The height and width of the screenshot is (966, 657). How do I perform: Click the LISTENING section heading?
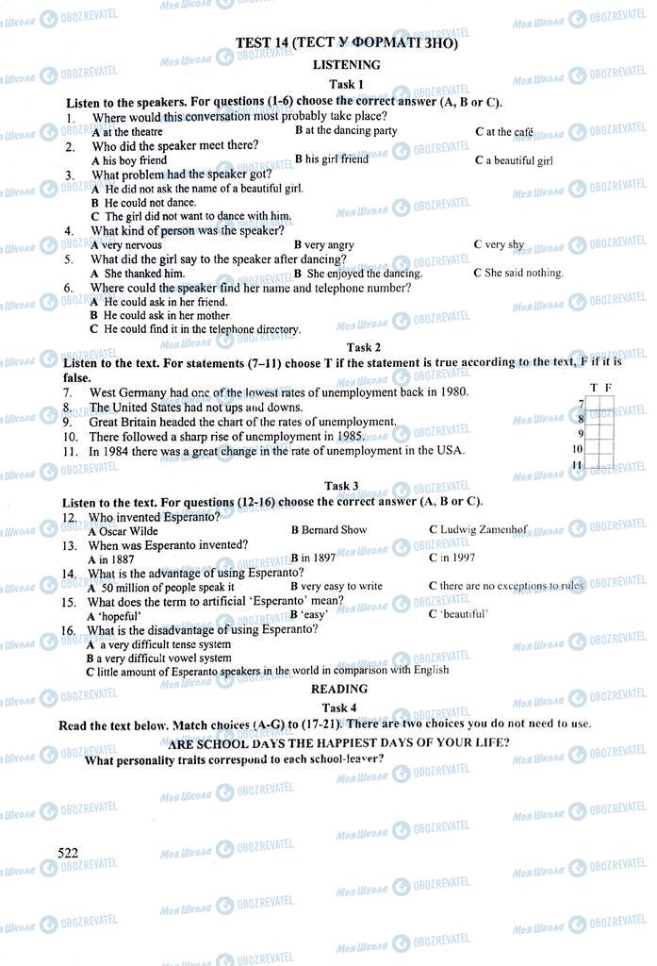(x=346, y=65)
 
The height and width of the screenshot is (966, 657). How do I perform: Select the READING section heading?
(x=339, y=690)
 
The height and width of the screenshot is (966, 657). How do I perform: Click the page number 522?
(x=67, y=853)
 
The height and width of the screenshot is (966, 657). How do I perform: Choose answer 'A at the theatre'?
(x=127, y=133)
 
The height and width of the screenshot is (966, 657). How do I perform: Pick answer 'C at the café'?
(x=504, y=132)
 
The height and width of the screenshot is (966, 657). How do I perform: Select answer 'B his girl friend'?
(x=332, y=159)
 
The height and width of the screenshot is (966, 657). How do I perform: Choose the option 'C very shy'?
(x=499, y=245)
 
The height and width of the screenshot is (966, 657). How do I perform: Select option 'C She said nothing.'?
(x=517, y=274)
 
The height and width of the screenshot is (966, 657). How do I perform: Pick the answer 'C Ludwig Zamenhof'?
(x=478, y=530)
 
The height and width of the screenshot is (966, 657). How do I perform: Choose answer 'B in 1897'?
(x=314, y=558)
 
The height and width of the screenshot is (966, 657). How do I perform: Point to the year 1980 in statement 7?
(x=452, y=391)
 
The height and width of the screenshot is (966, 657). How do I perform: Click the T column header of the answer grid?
(x=593, y=388)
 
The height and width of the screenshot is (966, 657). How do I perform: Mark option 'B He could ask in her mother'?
(x=160, y=316)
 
